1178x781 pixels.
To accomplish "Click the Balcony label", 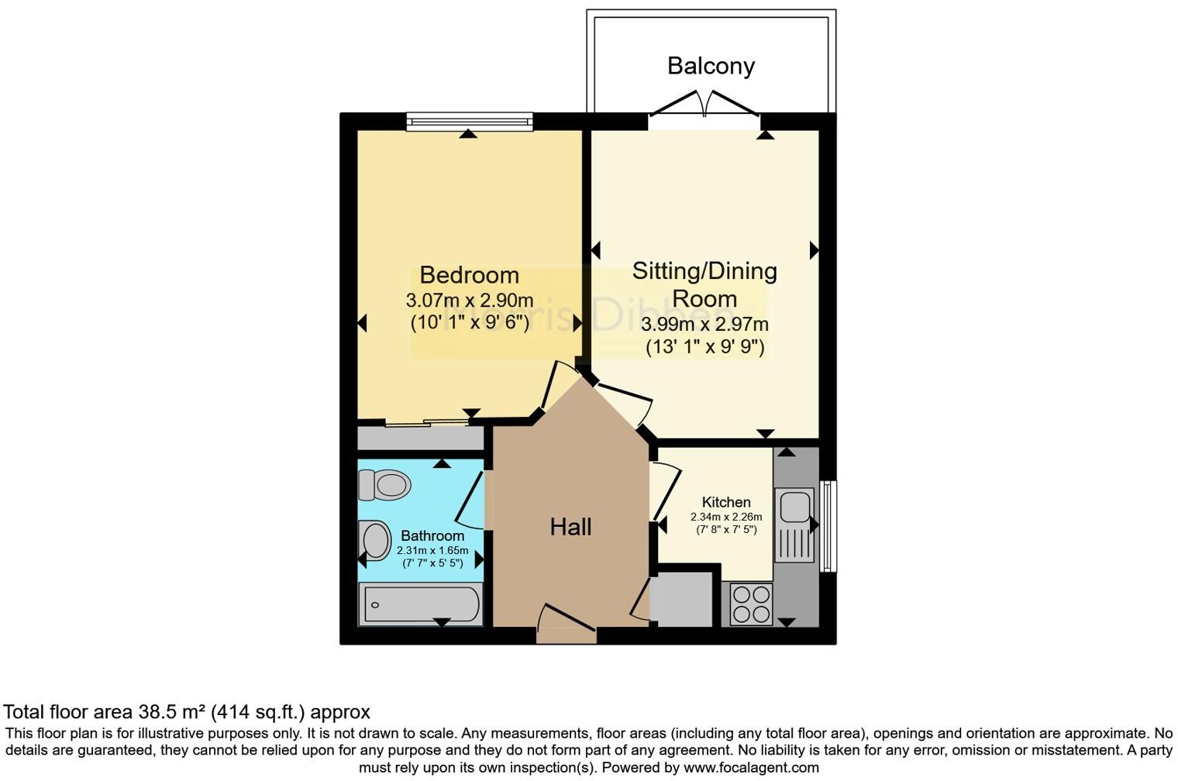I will point(711,66).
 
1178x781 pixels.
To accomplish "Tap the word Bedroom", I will point(469,275).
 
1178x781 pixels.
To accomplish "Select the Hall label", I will point(570,527).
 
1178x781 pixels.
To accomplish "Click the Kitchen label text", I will point(726,502).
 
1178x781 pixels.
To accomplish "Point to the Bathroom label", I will point(432,535).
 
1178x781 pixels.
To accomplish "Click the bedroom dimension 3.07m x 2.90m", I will point(469,300).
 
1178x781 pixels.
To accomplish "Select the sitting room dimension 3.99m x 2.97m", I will point(704,325).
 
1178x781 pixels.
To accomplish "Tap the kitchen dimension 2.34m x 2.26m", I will point(726,517).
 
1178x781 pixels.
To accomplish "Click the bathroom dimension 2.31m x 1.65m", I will point(432,550).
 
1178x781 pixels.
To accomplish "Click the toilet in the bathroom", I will point(385,486).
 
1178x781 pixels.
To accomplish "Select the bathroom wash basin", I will point(376,540).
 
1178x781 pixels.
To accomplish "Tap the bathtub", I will point(420,604).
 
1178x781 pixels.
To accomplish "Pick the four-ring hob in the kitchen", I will point(751,604).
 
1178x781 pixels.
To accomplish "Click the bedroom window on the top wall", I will point(469,121).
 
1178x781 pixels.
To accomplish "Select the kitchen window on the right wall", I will point(828,526).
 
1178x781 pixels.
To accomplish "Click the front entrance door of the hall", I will point(566,624).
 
